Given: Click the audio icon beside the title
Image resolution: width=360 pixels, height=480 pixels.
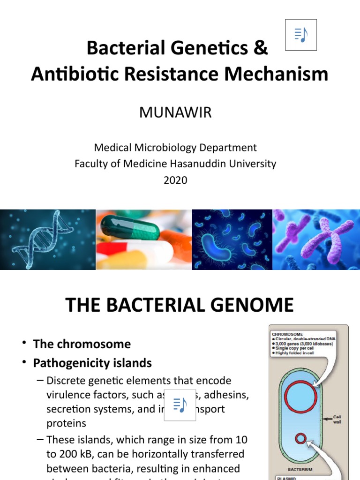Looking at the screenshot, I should pyautogui.click(x=301, y=35).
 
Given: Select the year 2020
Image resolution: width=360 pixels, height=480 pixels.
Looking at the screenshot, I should pyautogui.click(x=175, y=180).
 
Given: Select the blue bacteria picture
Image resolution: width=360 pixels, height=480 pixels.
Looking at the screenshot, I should pyautogui.click(x=232, y=239).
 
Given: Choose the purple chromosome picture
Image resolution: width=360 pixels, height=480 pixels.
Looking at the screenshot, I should pyautogui.click(x=316, y=239).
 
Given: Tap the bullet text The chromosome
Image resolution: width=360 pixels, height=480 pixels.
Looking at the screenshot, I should pyautogui.click(x=82, y=344).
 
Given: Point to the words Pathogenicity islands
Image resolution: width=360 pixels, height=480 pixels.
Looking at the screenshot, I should pyautogui.click(x=92, y=363).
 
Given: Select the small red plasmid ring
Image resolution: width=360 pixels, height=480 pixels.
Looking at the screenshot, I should pyautogui.click(x=300, y=439).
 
